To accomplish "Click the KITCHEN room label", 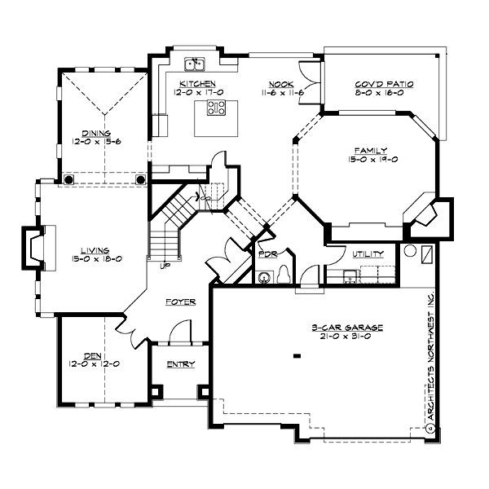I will click(197, 84).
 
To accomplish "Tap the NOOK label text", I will click(281, 84).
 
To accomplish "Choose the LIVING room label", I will click(95, 250).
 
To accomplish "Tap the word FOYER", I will click(180, 302).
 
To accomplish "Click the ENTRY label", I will click(180, 364).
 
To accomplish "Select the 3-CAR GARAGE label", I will click(346, 328).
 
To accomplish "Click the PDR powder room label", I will click(267, 254).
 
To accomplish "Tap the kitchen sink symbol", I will click(195, 63).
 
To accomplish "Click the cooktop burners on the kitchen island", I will click(216, 108).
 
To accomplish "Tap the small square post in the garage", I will click(297, 355).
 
